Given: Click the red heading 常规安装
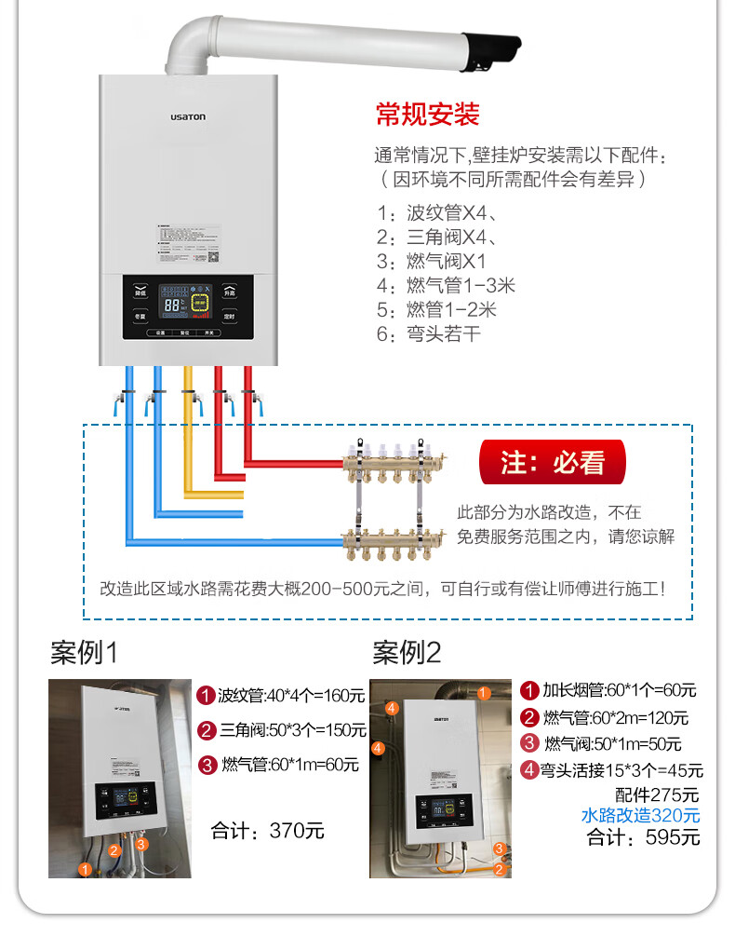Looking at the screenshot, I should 427,115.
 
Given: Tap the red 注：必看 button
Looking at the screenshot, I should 552,463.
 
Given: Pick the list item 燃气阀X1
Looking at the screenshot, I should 437,261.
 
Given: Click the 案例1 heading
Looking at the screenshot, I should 85,653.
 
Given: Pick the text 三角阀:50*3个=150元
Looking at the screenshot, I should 283,730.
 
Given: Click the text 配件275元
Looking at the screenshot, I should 657,794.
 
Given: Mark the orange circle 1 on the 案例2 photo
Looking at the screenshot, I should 484,693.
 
